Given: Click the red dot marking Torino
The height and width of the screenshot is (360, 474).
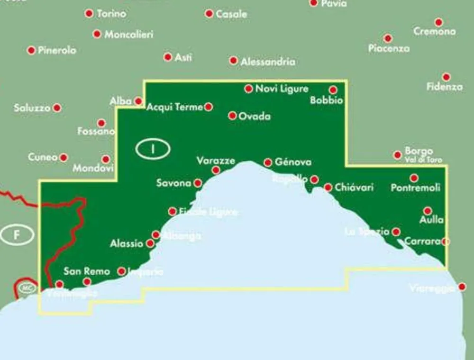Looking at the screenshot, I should (x=89, y=13).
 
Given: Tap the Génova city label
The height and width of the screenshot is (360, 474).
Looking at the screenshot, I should (x=294, y=162).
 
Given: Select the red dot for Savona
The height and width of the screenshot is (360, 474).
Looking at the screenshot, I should (x=198, y=183).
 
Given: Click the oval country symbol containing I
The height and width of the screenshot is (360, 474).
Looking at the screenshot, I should (x=153, y=149).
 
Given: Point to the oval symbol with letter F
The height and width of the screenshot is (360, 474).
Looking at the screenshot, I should (x=17, y=235).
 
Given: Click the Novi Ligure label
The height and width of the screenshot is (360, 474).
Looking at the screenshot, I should (x=282, y=89).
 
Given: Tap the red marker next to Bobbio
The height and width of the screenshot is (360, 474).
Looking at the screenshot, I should (x=333, y=90).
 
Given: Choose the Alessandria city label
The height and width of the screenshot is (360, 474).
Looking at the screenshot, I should (x=268, y=62).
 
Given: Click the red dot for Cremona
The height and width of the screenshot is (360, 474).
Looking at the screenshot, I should (x=438, y=22).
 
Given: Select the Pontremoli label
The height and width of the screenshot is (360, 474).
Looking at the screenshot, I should (x=415, y=188).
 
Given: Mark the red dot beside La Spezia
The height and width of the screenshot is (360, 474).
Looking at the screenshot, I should (x=396, y=232).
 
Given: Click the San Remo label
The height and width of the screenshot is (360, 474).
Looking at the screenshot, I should (x=87, y=271).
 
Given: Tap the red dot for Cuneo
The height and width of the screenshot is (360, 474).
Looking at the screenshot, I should (x=64, y=157).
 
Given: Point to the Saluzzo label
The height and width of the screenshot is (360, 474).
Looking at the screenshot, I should (x=32, y=108).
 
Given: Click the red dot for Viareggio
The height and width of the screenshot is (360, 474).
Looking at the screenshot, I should (x=462, y=287).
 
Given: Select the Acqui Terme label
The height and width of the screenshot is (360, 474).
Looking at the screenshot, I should (x=175, y=107).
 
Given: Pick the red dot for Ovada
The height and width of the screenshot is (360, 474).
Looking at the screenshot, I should (x=232, y=116).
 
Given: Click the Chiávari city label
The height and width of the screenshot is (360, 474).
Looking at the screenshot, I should (x=354, y=188).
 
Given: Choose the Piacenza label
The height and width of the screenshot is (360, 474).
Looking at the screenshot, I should (x=389, y=48).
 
